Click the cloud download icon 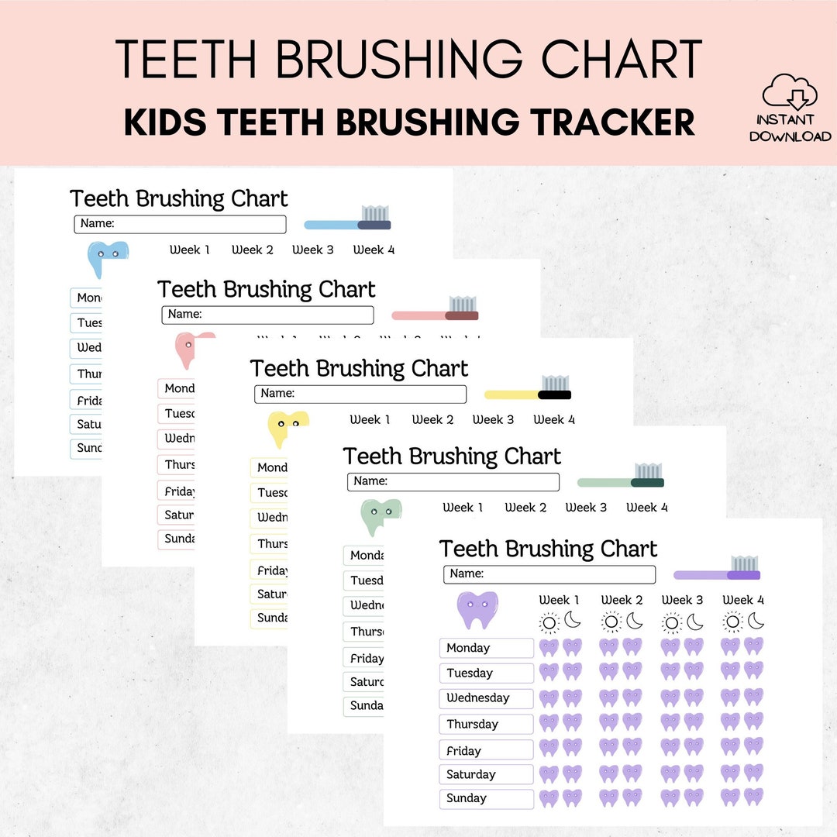click(x=790, y=91)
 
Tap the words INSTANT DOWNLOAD click(x=790, y=128)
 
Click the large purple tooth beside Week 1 click(x=477, y=610)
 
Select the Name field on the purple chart click(x=549, y=574)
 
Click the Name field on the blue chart click(x=180, y=224)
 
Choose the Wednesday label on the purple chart click(x=486, y=698)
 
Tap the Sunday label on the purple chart click(x=486, y=798)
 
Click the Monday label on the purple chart click(x=486, y=648)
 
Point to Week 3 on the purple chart click(x=682, y=600)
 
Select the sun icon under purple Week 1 click(x=549, y=622)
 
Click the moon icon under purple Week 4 click(x=756, y=622)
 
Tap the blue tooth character click(x=107, y=259)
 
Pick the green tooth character click(x=381, y=516)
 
